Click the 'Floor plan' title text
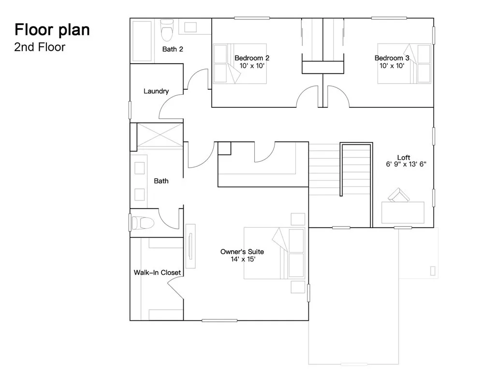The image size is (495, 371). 52,30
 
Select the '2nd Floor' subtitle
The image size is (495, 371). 40,47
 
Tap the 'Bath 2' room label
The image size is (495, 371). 173,49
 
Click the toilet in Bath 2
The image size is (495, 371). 167,30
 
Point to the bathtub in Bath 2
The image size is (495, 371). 142,41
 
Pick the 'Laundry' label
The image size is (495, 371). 156,91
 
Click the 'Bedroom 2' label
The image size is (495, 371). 252,58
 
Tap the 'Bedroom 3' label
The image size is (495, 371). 392,58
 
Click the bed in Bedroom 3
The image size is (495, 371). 404,64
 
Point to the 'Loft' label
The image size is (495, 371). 404,157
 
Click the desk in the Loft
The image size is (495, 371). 403,213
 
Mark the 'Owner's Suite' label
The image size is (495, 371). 242,252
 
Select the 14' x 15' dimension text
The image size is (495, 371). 243,259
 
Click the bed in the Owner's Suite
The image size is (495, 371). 274,253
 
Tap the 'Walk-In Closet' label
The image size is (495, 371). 158,272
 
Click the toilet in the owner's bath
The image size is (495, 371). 142,223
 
